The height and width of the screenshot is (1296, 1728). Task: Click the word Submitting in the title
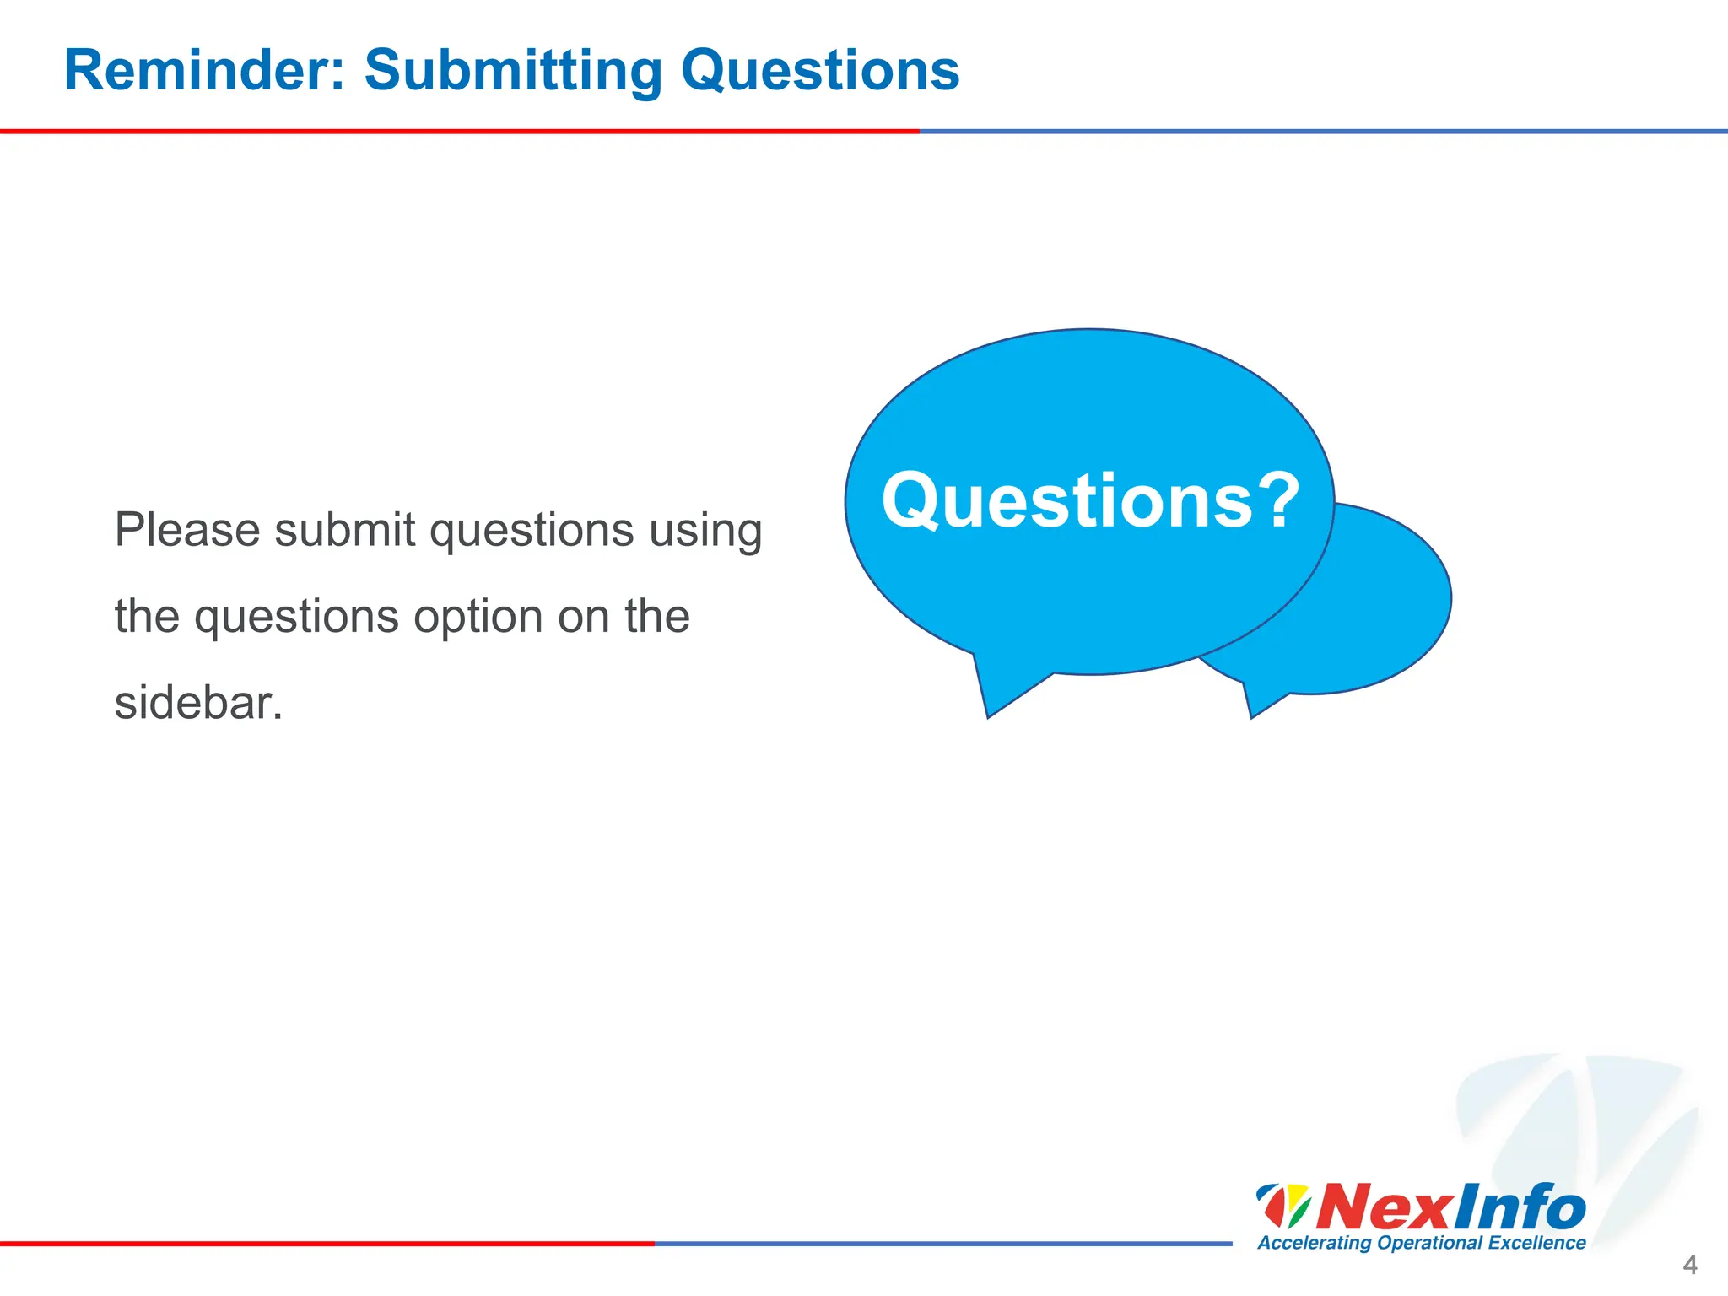(x=513, y=71)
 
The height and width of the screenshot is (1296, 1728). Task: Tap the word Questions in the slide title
(x=819, y=71)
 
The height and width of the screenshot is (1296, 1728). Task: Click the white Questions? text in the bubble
(x=1066, y=501)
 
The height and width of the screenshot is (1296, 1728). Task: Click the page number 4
(x=1689, y=1265)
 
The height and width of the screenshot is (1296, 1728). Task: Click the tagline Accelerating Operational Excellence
(x=1422, y=1243)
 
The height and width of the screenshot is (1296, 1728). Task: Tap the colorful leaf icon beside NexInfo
(x=1282, y=1207)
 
